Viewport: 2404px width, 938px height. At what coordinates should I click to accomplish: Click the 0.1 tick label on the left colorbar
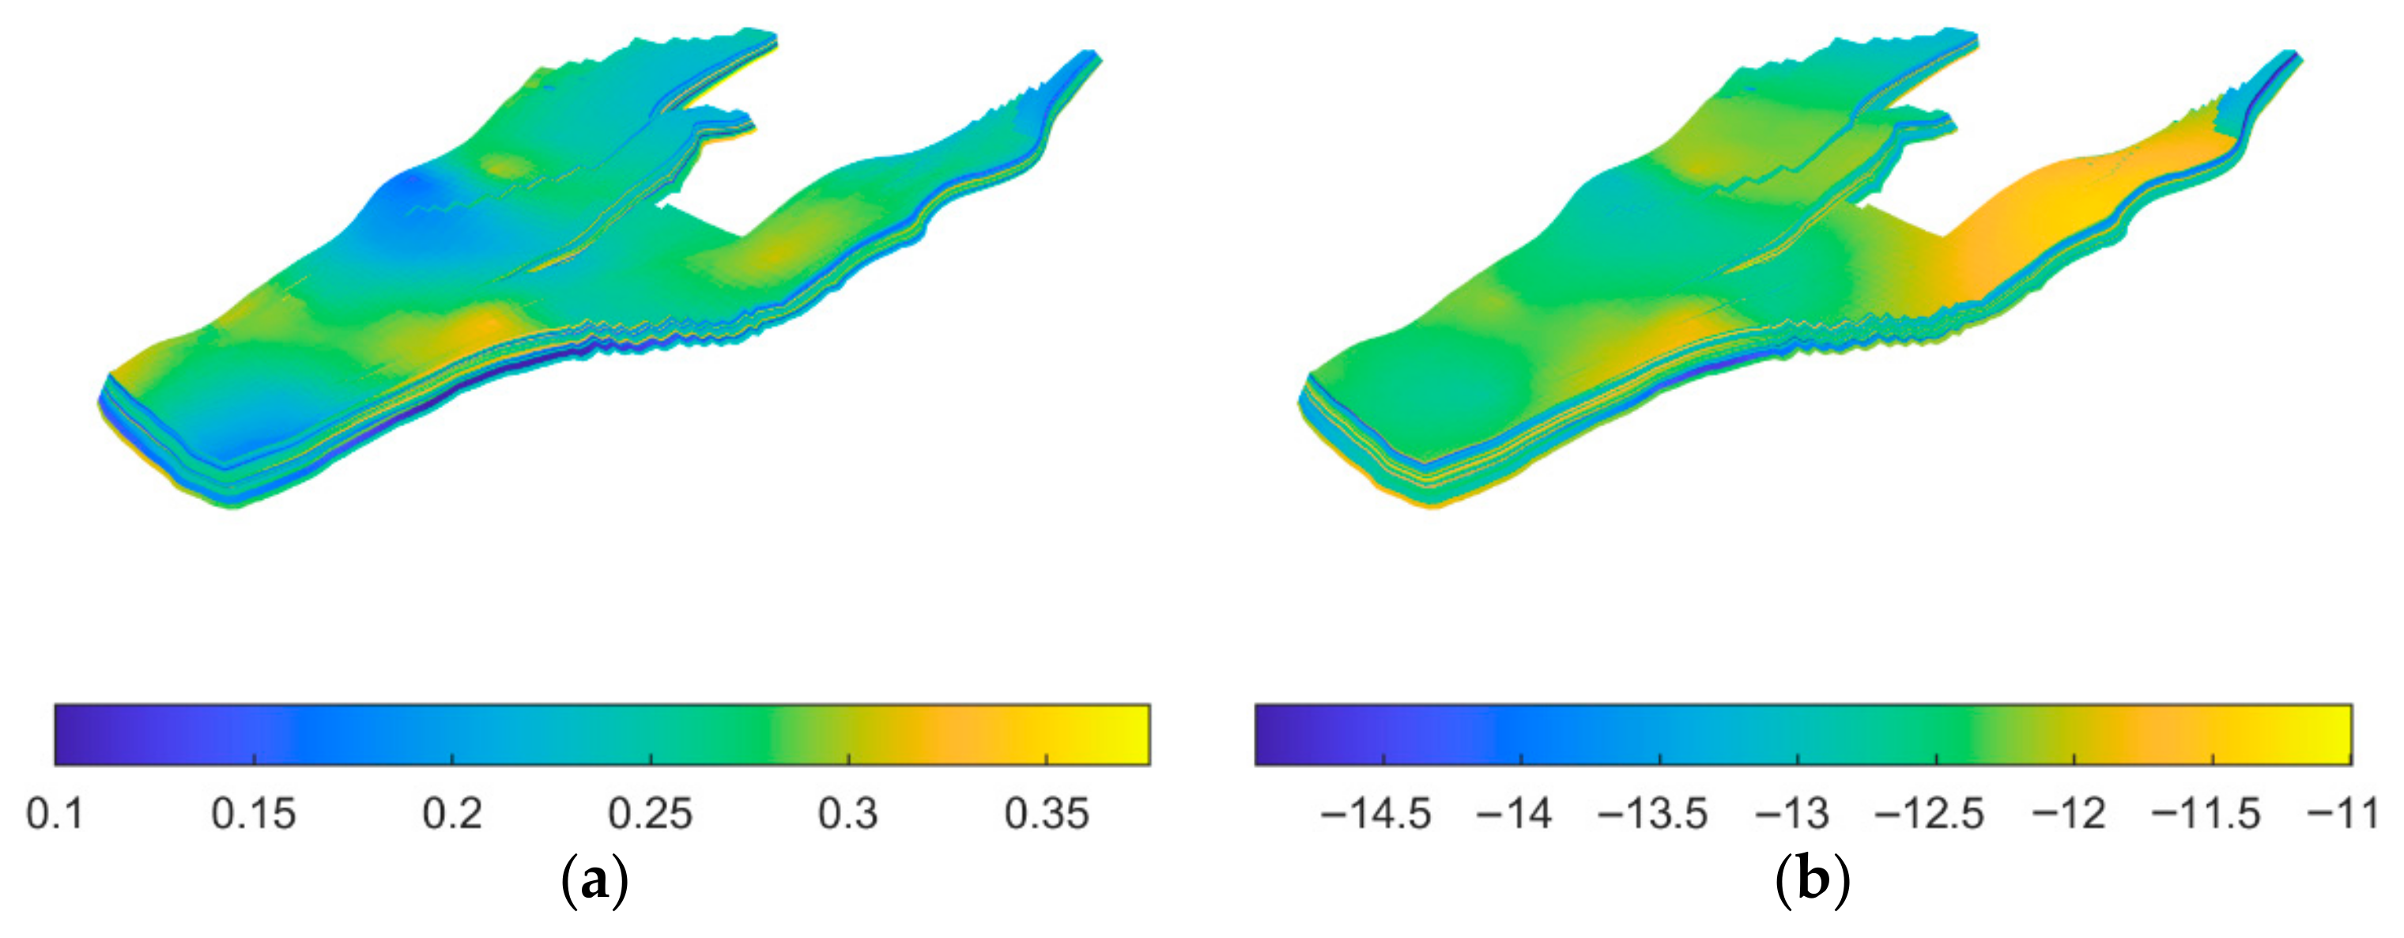(x=56, y=814)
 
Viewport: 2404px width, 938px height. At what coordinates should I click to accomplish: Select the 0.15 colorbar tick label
(x=254, y=814)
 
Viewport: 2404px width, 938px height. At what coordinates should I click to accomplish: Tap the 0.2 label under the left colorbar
(x=453, y=814)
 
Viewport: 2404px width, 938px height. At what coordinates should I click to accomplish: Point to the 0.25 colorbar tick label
(x=651, y=814)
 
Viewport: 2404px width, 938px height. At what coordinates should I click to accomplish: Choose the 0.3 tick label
(x=848, y=814)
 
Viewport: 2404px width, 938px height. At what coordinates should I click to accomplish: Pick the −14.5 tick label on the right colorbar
(x=1376, y=814)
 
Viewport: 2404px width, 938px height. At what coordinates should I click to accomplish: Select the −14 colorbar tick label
(x=1514, y=814)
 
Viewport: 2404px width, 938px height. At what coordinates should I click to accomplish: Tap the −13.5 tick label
(x=1653, y=814)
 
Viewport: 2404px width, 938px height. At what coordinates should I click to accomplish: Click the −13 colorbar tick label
(x=1791, y=814)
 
